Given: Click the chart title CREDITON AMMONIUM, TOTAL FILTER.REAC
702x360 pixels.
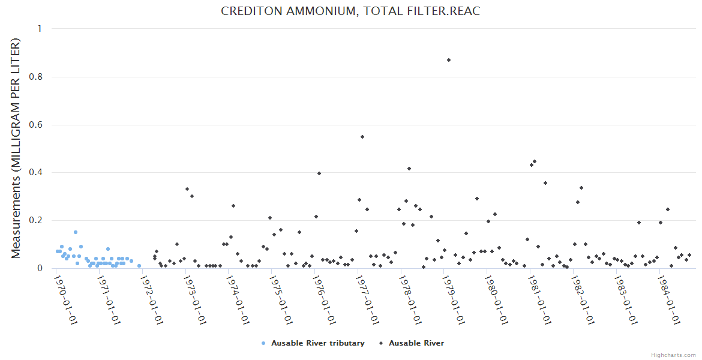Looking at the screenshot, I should coord(350,11).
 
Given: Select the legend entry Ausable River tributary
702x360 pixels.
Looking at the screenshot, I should coord(317,343).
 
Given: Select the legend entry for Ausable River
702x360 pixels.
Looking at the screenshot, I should coord(416,343).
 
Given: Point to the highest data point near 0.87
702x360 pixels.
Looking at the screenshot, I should coord(448,60).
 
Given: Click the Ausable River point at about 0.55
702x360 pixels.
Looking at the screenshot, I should coord(362,137).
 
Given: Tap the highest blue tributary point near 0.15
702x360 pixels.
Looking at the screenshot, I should coord(76,232).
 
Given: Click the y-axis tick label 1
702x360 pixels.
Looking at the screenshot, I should coord(40,29).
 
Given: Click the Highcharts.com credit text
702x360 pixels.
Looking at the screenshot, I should coord(673,355).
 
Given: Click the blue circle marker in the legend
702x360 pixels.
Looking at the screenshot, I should coord(263,343).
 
